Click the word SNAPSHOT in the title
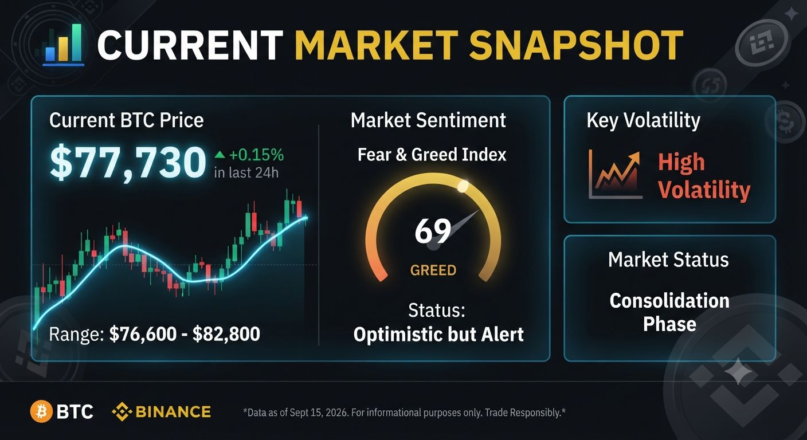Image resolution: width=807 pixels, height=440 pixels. click(x=576, y=45)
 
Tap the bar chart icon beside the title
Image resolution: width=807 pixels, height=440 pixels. click(x=64, y=45)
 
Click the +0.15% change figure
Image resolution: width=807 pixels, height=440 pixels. click(x=257, y=155)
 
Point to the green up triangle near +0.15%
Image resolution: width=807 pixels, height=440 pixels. click(x=220, y=155)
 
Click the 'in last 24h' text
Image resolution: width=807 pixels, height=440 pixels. click(x=246, y=172)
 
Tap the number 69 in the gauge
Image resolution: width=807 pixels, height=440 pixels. click(x=433, y=231)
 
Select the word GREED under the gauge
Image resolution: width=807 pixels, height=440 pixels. click(x=433, y=270)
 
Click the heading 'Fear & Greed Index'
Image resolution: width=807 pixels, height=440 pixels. click(x=432, y=155)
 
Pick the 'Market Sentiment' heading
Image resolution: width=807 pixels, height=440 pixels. click(x=428, y=120)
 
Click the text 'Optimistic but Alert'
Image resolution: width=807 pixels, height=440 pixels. click(x=438, y=335)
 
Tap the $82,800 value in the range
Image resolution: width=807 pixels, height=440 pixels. click(x=226, y=334)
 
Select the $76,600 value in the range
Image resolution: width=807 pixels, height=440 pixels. click(x=143, y=334)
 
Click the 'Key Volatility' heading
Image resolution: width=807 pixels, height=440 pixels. click(x=644, y=120)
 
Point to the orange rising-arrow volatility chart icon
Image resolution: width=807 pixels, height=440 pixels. click(x=616, y=174)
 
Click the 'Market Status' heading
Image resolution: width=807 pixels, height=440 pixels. click(x=668, y=260)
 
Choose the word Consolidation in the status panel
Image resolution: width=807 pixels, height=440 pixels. click(x=669, y=301)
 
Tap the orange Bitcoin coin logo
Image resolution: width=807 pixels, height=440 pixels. click(x=41, y=411)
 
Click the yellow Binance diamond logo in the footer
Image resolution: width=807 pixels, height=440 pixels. click(x=122, y=411)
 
